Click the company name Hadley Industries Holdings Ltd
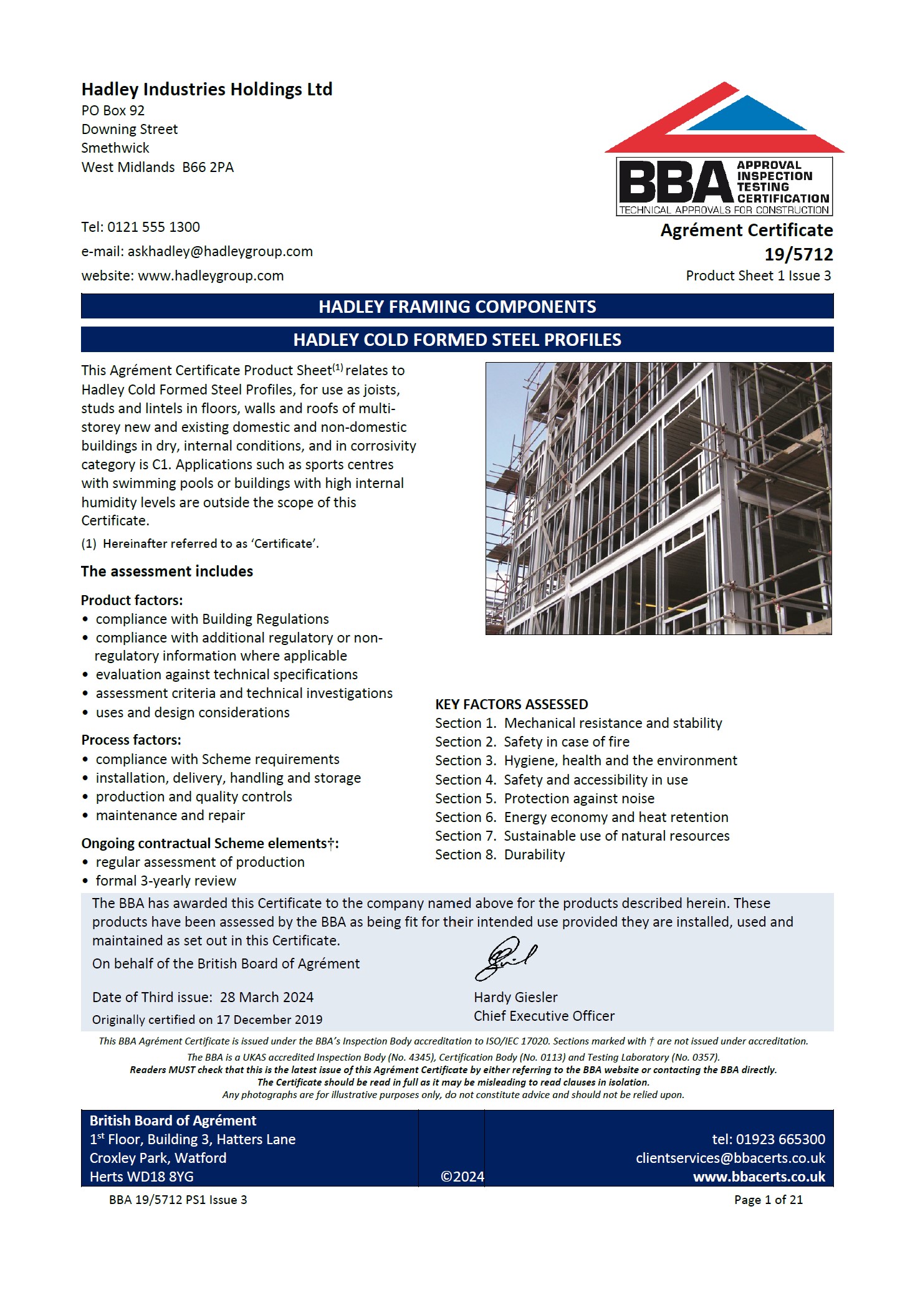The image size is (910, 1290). (x=206, y=90)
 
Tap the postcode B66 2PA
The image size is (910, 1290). (x=208, y=168)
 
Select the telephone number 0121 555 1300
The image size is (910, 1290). (x=153, y=227)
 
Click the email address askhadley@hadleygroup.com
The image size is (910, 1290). (x=220, y=252)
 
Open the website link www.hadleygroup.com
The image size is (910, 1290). (x=211, y=276)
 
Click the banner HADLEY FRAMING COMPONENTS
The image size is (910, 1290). (x=457, y=307)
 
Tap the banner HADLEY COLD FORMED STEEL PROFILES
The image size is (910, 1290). (x=457, y=340)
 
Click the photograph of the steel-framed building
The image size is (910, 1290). (x=658, y=499)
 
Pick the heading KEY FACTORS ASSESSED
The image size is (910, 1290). (x=511, y=705)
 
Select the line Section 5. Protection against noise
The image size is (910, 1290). (x=544, y=799)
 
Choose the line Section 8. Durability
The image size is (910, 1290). (x=499, y=855)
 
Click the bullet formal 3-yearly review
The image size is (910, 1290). (x=165, y=881)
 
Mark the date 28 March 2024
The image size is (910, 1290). (x=266, y=998)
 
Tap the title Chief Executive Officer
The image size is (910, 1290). (x=544, y=1016)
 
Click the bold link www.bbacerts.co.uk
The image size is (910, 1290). (x=759, y=1177)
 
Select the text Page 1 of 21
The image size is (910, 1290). (x=768, y=1200)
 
